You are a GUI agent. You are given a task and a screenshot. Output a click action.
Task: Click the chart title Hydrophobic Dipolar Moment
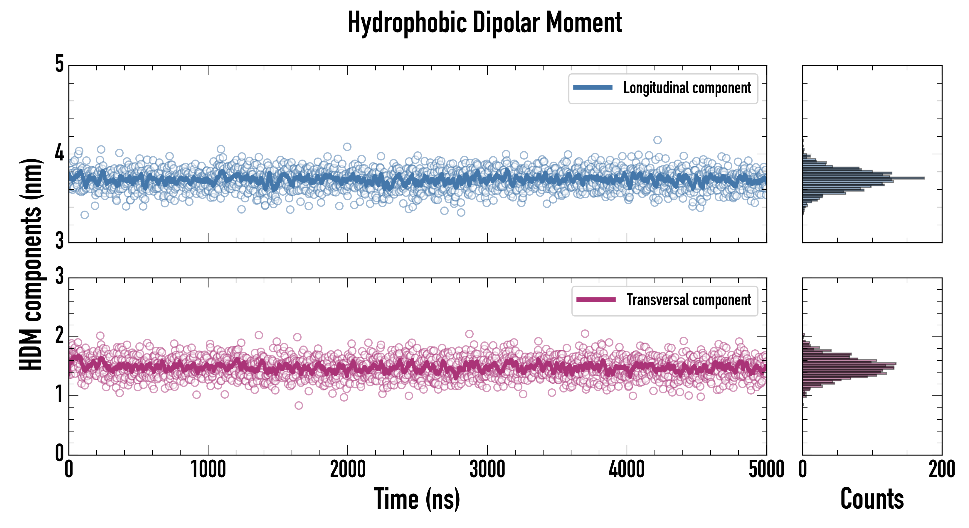[484, 23]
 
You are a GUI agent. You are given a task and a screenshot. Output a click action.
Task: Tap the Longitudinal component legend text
[687, 88]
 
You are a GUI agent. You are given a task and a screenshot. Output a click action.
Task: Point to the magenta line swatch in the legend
[596, 299]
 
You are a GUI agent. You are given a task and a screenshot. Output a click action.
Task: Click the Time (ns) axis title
[417, 499]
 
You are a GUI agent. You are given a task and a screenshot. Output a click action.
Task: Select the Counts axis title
[872, 499]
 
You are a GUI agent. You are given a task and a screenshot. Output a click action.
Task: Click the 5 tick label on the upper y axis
[59, 65]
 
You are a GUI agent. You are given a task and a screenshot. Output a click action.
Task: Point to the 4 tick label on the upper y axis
[59, 153]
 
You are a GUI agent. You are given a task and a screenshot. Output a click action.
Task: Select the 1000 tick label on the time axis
[208, 469]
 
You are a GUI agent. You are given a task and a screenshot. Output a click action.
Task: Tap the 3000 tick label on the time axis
[487, 469]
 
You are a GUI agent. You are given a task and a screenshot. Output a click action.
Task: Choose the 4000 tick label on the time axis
[627, 469]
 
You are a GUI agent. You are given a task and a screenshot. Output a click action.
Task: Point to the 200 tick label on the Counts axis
[941, 469]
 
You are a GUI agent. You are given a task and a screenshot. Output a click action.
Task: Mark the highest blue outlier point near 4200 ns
[657, 140]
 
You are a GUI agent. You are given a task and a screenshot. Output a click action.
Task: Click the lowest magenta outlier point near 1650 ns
[299, 405]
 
